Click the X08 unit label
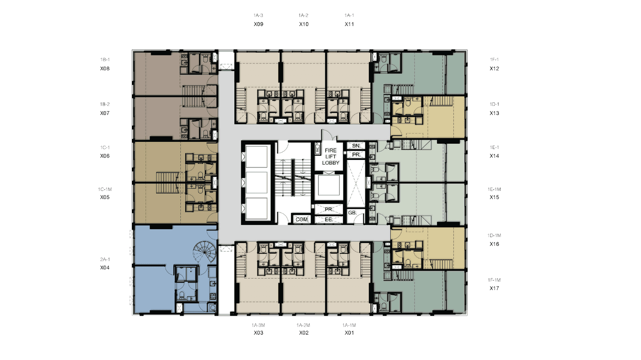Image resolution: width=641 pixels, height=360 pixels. pyautogui.click(x=105, y=68)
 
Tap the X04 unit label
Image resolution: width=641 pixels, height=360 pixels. pyautogui.click(x=105, y=267)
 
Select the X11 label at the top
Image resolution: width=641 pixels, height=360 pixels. pyautogui.click(x=349, y=24)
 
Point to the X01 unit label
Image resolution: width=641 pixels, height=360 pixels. pyautogui.click(x=349, y=333)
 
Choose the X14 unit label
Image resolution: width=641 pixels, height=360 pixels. pyautogui.click(x=494, y=156)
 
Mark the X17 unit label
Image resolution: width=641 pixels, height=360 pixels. pyautogui.click(x=494, y=288)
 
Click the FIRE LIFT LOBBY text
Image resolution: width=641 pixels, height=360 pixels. pyautogui.click(x=331, y=156)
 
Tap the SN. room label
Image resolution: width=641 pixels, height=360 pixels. pyautogui.click(x=356, y=146)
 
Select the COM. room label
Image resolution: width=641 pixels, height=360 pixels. pyautogui.click(x=302, y=220)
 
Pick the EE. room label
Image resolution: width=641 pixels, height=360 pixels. pyautogui.click(x=329, y=220)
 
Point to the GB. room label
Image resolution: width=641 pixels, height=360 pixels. pyautogui.click(x=353, y=212)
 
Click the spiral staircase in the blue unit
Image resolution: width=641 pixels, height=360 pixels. pyautogui.click(x=205, y=251)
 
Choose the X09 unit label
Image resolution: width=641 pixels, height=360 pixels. pyautogui.click(x=259, y=24)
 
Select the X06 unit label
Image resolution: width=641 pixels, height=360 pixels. pyautogui.click(x=105, y=156)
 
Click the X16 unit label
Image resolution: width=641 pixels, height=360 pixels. pyautogui.click(x=494, y=244)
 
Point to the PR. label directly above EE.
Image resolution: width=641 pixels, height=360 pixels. pyautogui.click(x=329, y=209)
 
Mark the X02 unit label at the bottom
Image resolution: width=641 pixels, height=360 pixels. pyautogui.click(x=304, y=333)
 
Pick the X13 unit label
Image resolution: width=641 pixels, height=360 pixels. pyautogui.click(x=494, y=113)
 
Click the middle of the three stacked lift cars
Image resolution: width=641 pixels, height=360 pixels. pyautogui.click(x=257, y=182)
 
